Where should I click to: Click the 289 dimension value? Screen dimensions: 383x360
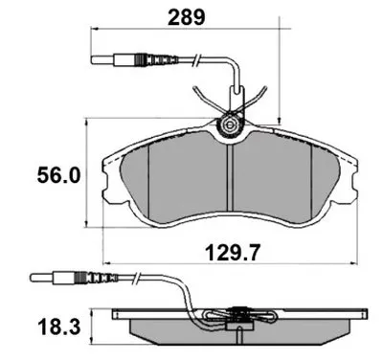click(x=187, y=17)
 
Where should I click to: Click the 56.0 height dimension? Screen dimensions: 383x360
click(x=58, y=175)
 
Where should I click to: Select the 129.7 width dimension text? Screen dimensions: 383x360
click(x=233, y=253)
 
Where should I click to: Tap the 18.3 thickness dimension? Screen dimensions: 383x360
click(x=58, y=327)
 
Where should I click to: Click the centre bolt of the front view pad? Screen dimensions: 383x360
click(x=229, y=125)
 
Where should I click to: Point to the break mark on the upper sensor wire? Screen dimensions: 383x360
click(x=196, y=59)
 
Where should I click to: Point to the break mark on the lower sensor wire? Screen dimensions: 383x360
click(x=137, y=277)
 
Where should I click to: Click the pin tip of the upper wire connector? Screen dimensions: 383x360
click(x=93, y=59)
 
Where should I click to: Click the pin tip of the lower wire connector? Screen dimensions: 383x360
click(x=32, y=277)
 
